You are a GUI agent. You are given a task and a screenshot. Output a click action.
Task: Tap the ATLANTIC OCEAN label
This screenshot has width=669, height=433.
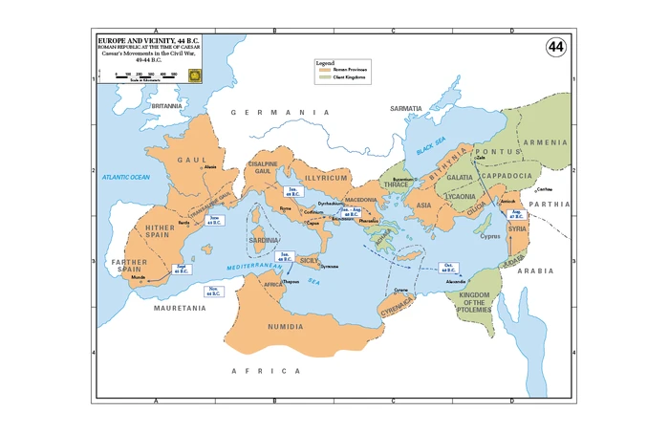click(127, 177)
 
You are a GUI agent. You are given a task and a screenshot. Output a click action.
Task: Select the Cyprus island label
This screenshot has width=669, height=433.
click(491, 236)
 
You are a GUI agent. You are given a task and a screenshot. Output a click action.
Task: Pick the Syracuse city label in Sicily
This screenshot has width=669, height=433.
click(330, 266)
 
